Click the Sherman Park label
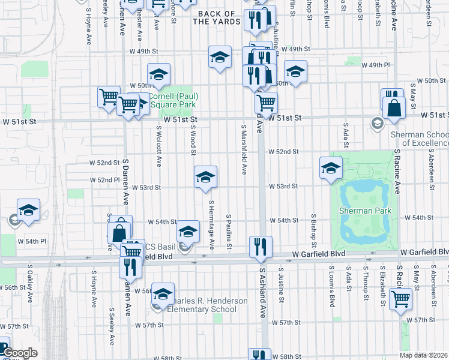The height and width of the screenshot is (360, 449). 365,211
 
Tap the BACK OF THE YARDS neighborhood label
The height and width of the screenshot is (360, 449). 214,17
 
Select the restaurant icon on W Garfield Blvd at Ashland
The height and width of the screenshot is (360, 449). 261,248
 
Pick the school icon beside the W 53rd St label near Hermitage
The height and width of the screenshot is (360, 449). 205,177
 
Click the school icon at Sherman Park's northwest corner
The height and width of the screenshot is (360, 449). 331,169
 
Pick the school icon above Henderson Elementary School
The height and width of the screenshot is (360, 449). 162,294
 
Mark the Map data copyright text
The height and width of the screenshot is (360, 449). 423,355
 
